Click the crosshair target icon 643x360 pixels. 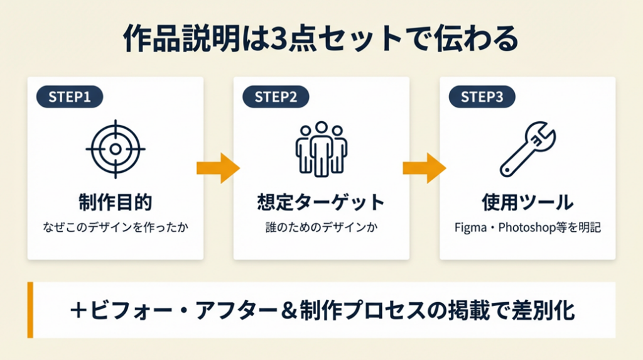tap(115, 149)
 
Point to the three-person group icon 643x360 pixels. tap(321, 149)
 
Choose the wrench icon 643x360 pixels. tap(527, 149)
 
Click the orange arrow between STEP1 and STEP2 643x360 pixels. tap(218, 168)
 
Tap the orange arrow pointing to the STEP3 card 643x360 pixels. tap(424, 168)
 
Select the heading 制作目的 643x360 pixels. tap(115, 203)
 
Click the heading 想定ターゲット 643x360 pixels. tap(321, 203)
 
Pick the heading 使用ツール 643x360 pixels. tap(527, 203)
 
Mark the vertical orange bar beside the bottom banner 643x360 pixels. tap(30, 310)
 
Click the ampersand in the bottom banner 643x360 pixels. tap(287, 311)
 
